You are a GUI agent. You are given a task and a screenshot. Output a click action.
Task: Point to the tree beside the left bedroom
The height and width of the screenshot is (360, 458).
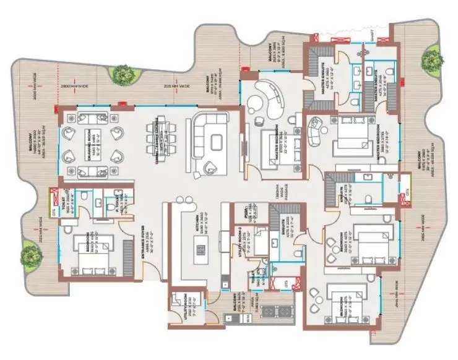(x=30, y=254)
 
